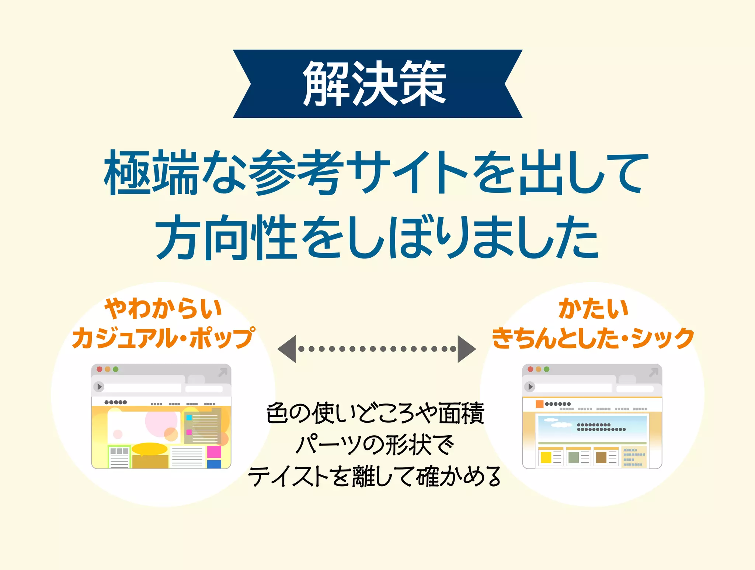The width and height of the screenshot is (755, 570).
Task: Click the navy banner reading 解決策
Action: point(377,84)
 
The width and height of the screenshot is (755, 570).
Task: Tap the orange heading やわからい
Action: point(163,309)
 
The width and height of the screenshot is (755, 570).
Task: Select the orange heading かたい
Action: point(593,309)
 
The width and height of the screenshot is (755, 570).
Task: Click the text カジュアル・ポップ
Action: point(163,338)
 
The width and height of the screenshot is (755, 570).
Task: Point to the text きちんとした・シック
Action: point(593,338)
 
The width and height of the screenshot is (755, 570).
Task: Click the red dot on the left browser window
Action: point(100,369)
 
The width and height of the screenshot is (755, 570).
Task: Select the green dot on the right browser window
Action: point(547,369)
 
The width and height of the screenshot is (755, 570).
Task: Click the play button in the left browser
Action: point(99,387)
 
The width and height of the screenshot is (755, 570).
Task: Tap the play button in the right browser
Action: point(530,387)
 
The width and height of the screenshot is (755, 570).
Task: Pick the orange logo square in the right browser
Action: point(540,404)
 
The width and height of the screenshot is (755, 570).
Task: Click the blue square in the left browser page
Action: point(214,464)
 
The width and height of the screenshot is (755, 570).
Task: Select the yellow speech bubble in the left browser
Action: point(150,449)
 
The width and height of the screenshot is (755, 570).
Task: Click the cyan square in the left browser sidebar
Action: point(189,418)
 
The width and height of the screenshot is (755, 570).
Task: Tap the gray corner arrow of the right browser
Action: point(653,372)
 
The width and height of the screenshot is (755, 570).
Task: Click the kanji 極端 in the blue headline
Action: point(151,173)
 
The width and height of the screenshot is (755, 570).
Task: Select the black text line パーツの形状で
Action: point(375,445)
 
